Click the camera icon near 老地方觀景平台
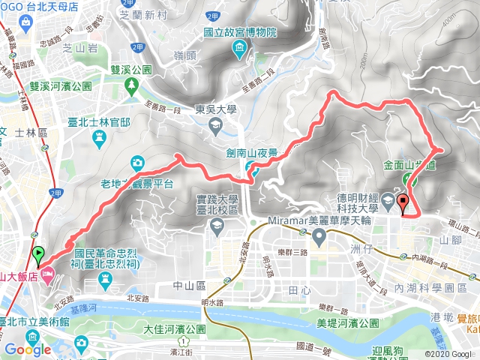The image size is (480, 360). point(137,162)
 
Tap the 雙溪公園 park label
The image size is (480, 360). point(131,68)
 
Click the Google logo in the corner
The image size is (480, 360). point(27,349)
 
